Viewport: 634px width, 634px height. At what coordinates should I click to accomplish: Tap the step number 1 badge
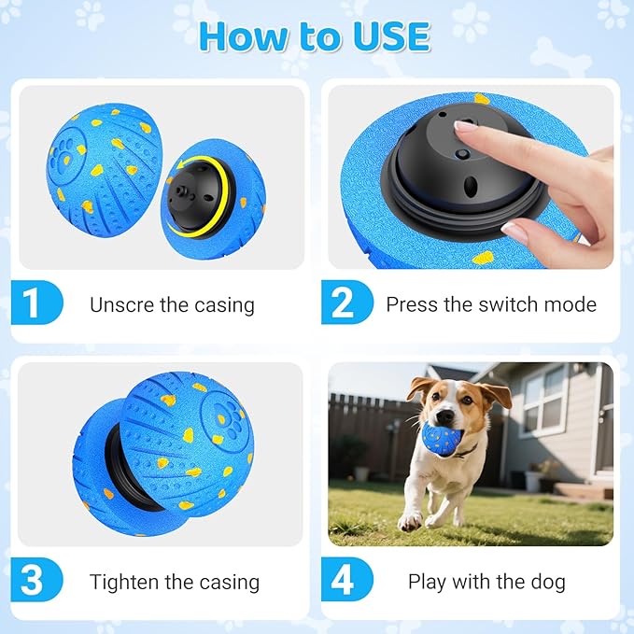point(33,304)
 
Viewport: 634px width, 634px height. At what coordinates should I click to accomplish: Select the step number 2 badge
point(343,304)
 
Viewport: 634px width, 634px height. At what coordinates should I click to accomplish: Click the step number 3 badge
point(33,581)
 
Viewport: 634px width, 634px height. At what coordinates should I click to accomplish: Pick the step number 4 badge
point(343,581)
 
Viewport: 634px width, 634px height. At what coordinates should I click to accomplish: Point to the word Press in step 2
point(412,304)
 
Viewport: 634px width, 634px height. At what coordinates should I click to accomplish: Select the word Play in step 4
point(427,582)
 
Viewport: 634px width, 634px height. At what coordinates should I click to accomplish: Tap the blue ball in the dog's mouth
point(441,437)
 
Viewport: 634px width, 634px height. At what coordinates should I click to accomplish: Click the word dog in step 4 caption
point(547,582)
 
